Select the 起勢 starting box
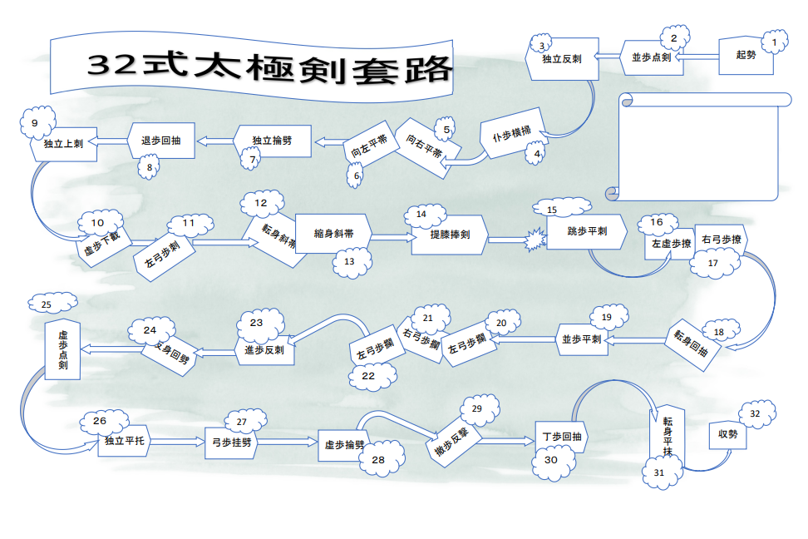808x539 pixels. pos(746,56)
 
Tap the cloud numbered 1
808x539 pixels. pos(774,40)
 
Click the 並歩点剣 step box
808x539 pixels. pos(651,57)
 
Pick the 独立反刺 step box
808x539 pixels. pos(562,59)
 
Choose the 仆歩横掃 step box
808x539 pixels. pos(512,138)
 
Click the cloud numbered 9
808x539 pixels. pos(36,123)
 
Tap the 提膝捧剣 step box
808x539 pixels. pos(449,235)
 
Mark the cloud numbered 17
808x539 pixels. pos(712,263)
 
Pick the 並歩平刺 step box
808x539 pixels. pos(581,339)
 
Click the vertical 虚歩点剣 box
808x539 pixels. pos(62,349)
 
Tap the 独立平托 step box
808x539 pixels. pos(125,441)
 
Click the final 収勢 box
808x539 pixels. pos(727,434)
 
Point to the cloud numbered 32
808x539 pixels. pos(756,413)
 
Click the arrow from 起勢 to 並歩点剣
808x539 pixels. pos(700,57)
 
